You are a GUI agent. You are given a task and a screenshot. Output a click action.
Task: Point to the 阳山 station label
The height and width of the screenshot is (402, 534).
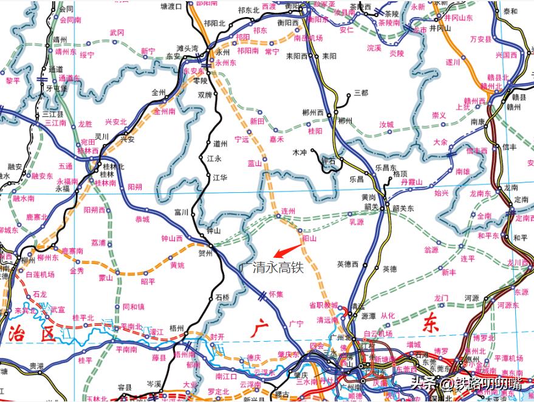(x=310, y=239)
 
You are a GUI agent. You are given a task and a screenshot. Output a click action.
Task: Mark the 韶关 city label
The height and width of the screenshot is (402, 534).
(x=371, y=207)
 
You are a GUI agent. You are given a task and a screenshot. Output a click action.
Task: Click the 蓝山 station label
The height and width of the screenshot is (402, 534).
(x=254, y=163)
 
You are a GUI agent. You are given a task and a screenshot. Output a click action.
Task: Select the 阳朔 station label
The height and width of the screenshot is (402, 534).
(x=135, y=187)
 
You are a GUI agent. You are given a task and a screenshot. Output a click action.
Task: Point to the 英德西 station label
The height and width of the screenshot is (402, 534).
(x=347, y=264)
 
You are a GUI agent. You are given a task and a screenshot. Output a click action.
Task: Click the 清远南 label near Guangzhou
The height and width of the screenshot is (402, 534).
(x=327, y=319)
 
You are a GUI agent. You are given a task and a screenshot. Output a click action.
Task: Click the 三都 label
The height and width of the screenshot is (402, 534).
(x=361, y=92)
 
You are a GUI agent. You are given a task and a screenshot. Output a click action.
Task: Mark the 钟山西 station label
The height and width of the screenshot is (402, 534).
(x=172, y=239)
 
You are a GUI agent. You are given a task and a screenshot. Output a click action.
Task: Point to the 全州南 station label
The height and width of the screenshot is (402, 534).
(x=165, y=111)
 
